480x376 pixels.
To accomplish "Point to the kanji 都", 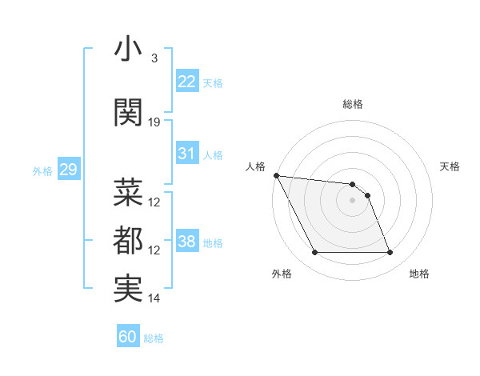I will click(x=128, y=241).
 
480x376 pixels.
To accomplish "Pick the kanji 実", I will click(x=128, y=289).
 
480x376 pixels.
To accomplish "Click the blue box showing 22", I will click(x=187, y=82).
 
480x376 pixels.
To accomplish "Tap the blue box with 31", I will click(x=187, y=154).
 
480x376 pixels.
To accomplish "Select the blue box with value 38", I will click(x=187, y=242).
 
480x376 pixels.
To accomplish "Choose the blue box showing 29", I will click(x=68, y=170).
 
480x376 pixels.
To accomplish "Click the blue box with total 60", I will click(x=128, y=337).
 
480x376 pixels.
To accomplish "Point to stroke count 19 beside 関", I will click(x=154, y=122).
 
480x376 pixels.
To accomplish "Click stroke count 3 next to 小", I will click(x=154, y=58).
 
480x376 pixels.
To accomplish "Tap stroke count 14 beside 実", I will click(x=154, y=298).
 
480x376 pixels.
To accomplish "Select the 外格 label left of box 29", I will click(x=42, y=170).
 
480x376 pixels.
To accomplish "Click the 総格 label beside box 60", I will click(x=154, y=338).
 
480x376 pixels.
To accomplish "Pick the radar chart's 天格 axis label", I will click(x=450, y=166).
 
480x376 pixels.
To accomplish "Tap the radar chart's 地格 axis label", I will click(x=419, y=274).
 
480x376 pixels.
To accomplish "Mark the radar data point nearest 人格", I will click(x=276, y=175).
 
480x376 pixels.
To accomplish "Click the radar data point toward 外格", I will click(x=314, y=253).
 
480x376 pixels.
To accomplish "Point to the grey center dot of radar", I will click(x=352, y=200).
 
